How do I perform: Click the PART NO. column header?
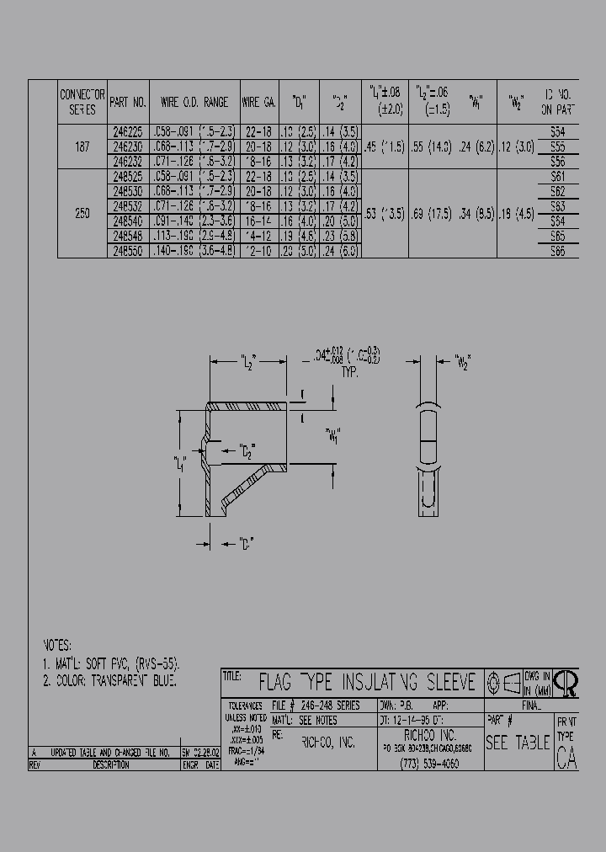click(x=128, y=102)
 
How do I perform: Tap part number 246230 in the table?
click(x=128, y=146)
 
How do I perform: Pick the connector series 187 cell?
click(x=82, y=146)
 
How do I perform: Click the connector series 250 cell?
click(x=82, y=214)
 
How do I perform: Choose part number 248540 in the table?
click(x=128, y=221)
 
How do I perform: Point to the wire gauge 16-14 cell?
click(x=259, y=221)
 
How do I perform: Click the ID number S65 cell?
click(x=557, y=237)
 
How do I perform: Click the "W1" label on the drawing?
click(x=332, y=435)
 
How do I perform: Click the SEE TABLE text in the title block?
click(x=518, y=743)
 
